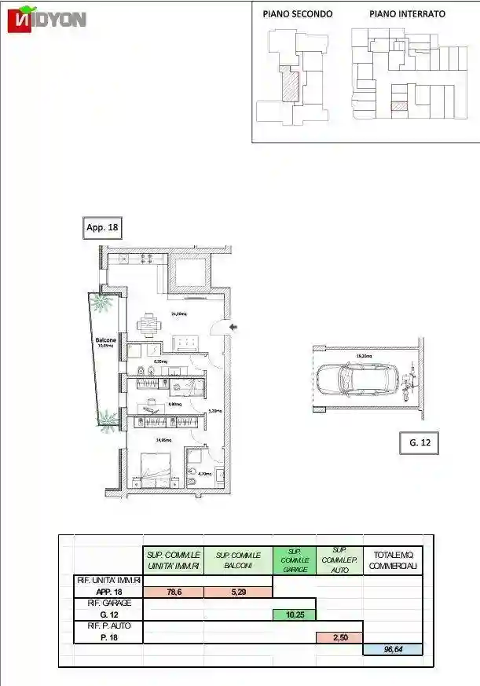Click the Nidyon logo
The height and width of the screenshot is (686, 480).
46,20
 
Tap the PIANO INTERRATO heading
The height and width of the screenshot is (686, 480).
407,14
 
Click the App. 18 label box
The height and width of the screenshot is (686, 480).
101,228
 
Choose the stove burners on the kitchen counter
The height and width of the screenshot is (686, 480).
145,258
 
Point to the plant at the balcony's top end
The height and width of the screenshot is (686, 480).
101,303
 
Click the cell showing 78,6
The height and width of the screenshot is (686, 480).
174,592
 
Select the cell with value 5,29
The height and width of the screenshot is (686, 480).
237,592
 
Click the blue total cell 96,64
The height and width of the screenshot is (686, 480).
392,649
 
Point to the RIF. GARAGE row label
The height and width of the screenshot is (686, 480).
108,603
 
